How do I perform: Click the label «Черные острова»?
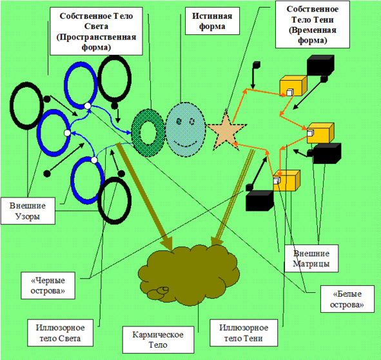(x=48, y=285)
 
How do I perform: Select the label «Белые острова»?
(x=347, y=299)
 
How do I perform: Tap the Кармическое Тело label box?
(x=158, y=339)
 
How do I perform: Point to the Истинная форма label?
(x=212, y=21)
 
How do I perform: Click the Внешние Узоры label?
(x=28, y=211)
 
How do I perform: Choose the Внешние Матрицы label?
(x=311, y=258)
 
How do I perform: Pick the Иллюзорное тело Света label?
(x=60, y=333)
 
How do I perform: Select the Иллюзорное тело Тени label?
(x=244, y=333)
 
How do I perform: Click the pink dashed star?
(x=227, y=132)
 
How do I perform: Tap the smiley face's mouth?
(x=185, y=144)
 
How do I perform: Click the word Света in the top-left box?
(x=96, y=26)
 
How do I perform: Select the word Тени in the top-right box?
(x=324, y=19)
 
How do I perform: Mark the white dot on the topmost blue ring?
(x=88, y=106)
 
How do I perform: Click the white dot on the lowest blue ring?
(x=94, y=160)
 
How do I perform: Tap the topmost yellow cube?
(x=293, y=86)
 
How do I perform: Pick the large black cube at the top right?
(x=320, y=65)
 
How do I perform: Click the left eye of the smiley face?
(x=179, y=121)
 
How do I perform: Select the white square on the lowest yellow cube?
(x=277, y=181)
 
